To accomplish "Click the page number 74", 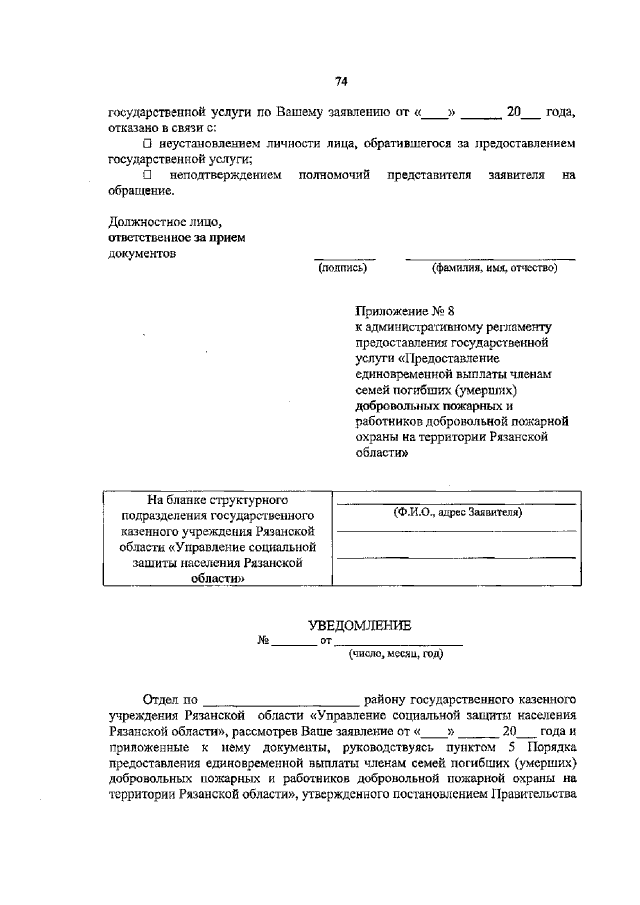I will (x=341, y=81).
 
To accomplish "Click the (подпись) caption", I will (x=342, y=267).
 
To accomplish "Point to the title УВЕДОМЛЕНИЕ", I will (x=360, y=625).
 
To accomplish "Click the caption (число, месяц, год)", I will (x=395, y=655).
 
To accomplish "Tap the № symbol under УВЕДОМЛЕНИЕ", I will (x=265, y=640).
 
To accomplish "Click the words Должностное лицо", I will (x=150, y=222).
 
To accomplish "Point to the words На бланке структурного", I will (x=218, y=498).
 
